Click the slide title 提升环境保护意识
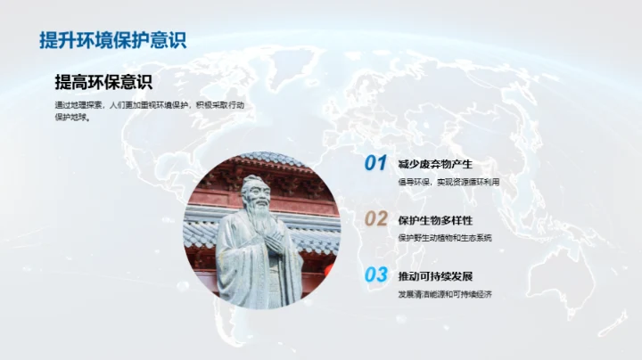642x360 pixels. pyautogui.click(x=112, y=40)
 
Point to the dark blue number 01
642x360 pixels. pyautogui.click(x=375, y=163)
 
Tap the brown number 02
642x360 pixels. pyautogui.click(x=375, y=219)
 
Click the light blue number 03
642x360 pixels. pyautogui.click(x=375, y=274)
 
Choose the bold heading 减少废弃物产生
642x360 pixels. pyautogui.click(x=435, y=164)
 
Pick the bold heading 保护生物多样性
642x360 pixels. pyautogui.click(x=435, y=220)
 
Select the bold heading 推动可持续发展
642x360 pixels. pyautogui.click(x=435, y=275)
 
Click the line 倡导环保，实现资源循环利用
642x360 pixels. pyautogui.click(x=449, y=182)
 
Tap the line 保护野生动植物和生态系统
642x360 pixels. pyautogui.click(x=445, y=238)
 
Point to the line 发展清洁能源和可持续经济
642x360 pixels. pyautogui.click(x=445, y=293)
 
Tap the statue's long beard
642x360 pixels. pyautogui.click(x=259, y=223)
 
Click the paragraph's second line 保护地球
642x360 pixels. pyautogui.click(x=72, y=116)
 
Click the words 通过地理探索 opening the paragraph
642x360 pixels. pyautogui.click(x=78, y=104)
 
